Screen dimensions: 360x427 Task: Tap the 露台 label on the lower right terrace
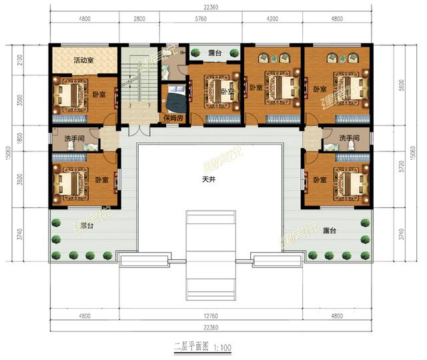click(x=328, y=231)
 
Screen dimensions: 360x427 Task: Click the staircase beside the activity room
click(x=140, y=83)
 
